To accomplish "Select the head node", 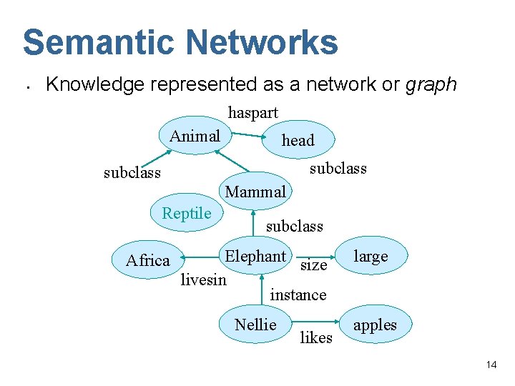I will tap(298, 141).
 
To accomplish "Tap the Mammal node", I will tap(255, 192).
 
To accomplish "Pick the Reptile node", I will tap(187, 213).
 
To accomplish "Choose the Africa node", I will tap(148, 260).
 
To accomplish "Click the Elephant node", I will tap(255, 257).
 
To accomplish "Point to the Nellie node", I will tap(255, 325).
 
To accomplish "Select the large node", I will tap(371, 256).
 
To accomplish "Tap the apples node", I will tap(375, 325).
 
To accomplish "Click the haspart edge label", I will tap(252, 112).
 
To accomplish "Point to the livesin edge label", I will tap(203, 279).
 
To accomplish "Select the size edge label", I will tap(313, 265).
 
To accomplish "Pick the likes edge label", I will tap(316, 337).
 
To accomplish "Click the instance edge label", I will tap(298, 295).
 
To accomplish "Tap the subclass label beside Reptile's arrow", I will tap(132, 173).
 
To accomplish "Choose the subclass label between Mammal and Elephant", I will tap(295, 226).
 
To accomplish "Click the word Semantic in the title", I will tap(99, 42).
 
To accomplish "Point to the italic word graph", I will tap(431, 84).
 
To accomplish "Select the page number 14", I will tap(491, 365).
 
